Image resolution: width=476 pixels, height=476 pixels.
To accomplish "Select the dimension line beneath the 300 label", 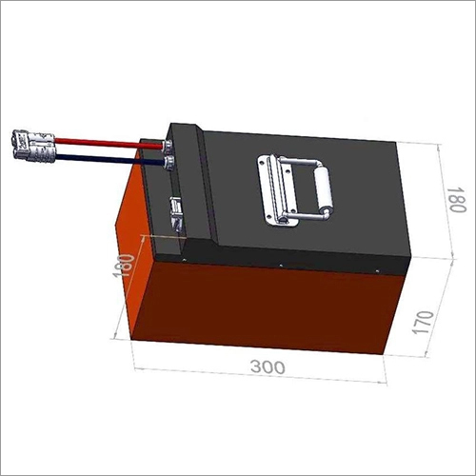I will point(257,376).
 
